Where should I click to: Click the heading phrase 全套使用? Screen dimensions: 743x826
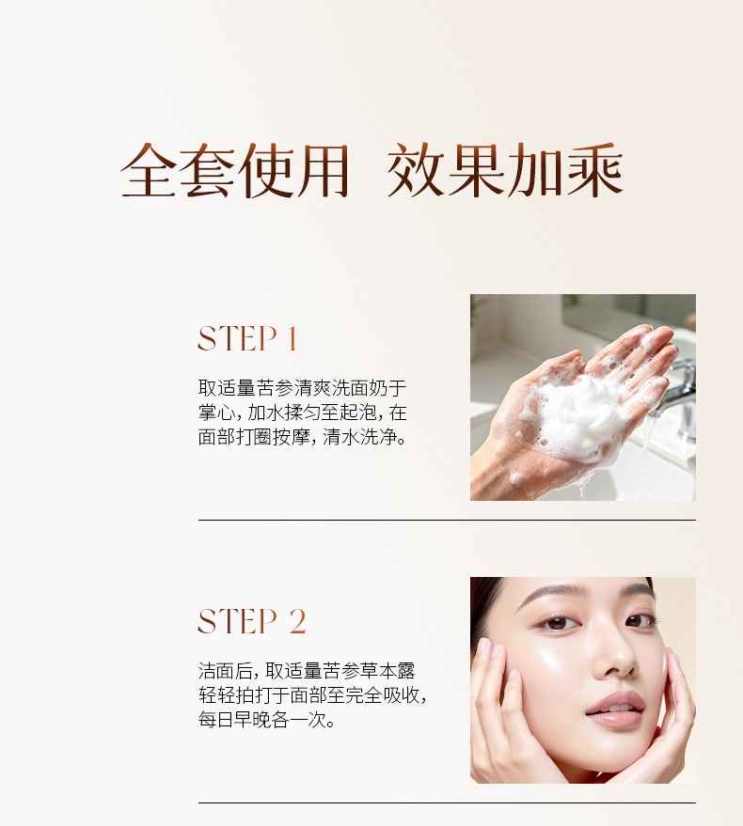coord(235,171)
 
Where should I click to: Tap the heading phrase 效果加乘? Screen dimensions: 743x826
coord(505,171)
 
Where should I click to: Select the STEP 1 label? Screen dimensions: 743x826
coord(247,338)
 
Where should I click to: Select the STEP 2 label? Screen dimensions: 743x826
coord(251,621)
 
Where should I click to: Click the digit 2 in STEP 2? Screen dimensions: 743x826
coord(297,621)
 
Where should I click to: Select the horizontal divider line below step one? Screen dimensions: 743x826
coord(447,520)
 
